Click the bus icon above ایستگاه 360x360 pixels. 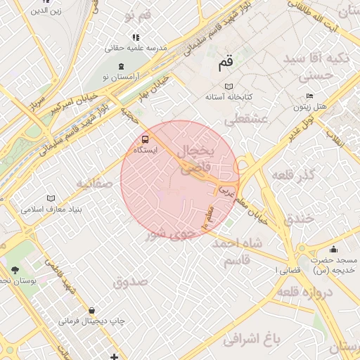click(x=146, y=139)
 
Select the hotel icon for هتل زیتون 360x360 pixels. click(x=310, y=96)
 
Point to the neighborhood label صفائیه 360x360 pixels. click(x=95, y=184)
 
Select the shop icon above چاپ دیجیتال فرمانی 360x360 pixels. click(x=91, y=310)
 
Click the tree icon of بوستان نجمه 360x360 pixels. click(x=15, y=270)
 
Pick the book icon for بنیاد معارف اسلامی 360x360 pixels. click(x=49, y=199)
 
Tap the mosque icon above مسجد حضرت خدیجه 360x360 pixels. click(x=333, y=249)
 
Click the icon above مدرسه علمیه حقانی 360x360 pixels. click(x=135, y=37)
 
